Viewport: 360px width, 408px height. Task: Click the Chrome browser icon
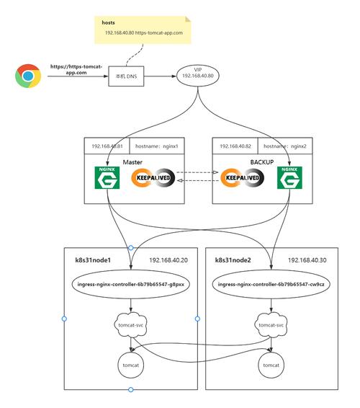[x=28, y=76]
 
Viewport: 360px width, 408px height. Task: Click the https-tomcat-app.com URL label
[x=76, y=69]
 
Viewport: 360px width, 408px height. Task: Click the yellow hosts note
[x=140, y=30]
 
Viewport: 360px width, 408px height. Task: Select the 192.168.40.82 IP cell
[x=236, y=146]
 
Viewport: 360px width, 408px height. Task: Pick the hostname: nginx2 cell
[x=286, y=146]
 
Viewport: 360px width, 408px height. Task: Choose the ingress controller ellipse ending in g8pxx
[x=131, y=284]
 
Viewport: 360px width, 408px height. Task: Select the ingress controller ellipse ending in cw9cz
[x=271, y=284]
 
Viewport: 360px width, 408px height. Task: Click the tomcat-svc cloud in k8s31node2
[x=271, y=325]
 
